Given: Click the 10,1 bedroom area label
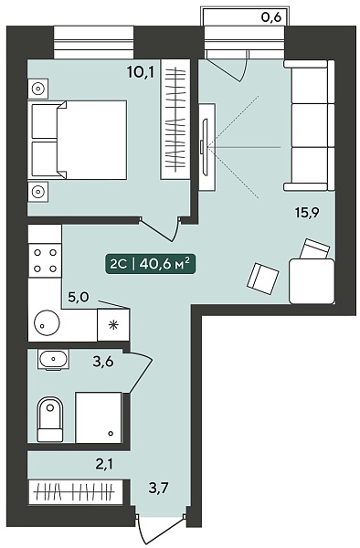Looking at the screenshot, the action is pyautogui.click(x=141, y=72).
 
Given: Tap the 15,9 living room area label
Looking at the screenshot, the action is pyautogui.click(x=308, y=212).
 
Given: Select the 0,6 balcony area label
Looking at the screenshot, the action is pyautogui.click(x=271, y=16).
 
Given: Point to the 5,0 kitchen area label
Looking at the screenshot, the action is pyautogui.click(x=79, y=298).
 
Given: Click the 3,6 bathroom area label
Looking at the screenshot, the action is pyautogui.click(x=103, y=361).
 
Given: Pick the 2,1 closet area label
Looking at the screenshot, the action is pyautogui.click(x=105, y=465).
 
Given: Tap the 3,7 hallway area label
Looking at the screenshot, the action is pyautogui.click(x=159, y=488).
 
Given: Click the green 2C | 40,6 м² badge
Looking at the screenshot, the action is pyautogui.click(x=150, y=264).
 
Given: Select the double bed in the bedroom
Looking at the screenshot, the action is pyautogui.click(x=79, y=140).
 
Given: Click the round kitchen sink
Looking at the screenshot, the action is pyautogui.click(x=47, y=323).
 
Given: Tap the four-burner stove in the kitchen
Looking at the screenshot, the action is pyautogui.click(x=45, y=260).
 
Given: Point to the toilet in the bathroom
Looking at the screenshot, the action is pyautogui.click(x=50, y=419).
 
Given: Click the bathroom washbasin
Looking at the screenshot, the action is pyautogui.click(x=53, y=359).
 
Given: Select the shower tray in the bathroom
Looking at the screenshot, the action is pyautogui.click(x=99, y=417).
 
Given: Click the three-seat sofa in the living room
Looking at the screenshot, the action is pyautogui.click(x=309, y=125).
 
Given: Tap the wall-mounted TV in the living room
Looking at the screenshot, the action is pyautogui.click(x=205, y=147).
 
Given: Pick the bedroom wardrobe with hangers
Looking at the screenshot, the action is pyautogui.click(x=175, y=119).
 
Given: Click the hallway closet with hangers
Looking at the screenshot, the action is pyautogui.click(x=76, y=492).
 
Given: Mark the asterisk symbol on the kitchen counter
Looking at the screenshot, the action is pyautogui.click(x=113, y=325).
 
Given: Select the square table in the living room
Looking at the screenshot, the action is pyautogui.click(x=312, y=281).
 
